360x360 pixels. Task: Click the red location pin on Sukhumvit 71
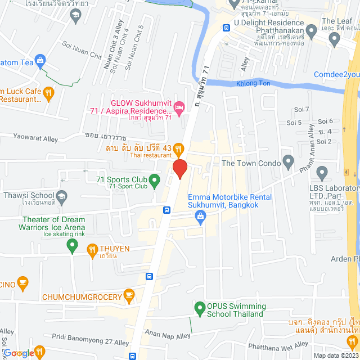(179, 169)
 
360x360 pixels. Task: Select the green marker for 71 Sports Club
(156, 180)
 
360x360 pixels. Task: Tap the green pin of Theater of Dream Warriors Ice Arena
(71, 244)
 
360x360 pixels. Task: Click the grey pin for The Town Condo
(289, 163)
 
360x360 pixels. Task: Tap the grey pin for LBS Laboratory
(322, 172)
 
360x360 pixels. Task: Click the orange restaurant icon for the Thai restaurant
(178, 148)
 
